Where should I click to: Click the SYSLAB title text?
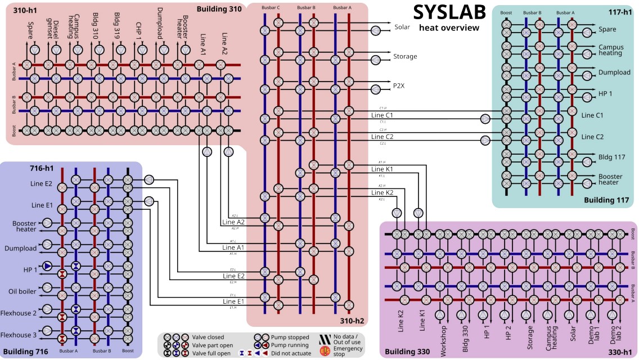pyautogui.click(x=447, y=12)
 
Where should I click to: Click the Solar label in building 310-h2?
pyautogui.click(x=402, y=26)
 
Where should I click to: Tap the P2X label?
pyautogui.click(x=400, y=86)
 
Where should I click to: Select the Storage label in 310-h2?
pyautogui.click(x=405, y=56)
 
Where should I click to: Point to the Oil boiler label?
pyautogui.click(x=22, y=291)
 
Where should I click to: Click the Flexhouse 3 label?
pyautogui.click(x=19, y=335)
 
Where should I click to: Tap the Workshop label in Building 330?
pyautogui.click(x=444, y=338)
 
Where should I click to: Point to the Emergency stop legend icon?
pyautogui.click(x=324, y=350)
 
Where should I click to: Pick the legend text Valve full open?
pyautogui.click(x=211, y=353)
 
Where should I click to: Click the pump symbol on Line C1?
pyautogui.click(x=485, y=119)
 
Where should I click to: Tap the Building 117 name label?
pyautogui.click(x=608, y=200)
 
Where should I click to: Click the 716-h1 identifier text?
pyautogui.click(x=42, y=168)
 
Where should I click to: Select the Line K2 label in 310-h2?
pyautogui.click(x=382, y=192)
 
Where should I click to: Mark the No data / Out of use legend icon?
pyautogui.click(x=324, y=337)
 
